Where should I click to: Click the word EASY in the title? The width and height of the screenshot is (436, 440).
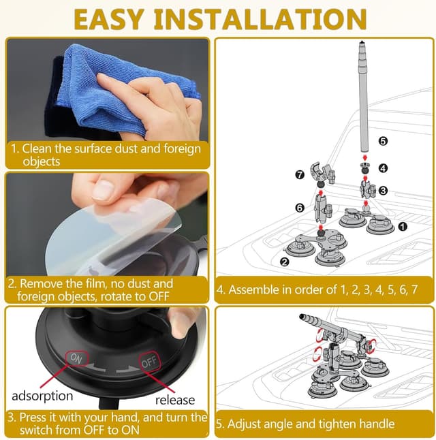[108, 19]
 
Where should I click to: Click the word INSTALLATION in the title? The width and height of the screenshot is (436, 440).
[260, 19]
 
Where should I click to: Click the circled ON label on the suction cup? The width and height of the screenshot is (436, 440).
[77, 358]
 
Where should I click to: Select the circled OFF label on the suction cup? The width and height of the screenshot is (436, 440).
[150, 362]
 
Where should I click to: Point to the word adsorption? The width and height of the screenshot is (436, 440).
[42, 396]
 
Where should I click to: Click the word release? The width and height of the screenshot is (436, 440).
[175, 400]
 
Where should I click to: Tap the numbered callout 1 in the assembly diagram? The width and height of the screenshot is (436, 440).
[403, 226]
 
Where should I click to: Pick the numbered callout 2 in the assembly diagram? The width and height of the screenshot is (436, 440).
[285, 262]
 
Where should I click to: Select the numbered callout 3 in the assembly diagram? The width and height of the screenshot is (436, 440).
[384, 191]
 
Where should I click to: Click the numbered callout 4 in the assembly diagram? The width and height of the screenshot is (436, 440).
[384, 168]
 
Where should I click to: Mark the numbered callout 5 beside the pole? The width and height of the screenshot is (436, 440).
[384, 141]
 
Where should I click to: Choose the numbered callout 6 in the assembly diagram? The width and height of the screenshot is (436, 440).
[300, 208]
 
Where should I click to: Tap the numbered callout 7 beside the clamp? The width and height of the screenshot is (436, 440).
[300, 175]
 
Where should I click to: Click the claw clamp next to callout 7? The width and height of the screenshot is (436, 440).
[323, 174]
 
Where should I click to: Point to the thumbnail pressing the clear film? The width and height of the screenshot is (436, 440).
[103, 190]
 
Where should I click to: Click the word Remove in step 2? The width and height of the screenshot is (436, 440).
[42, 283]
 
